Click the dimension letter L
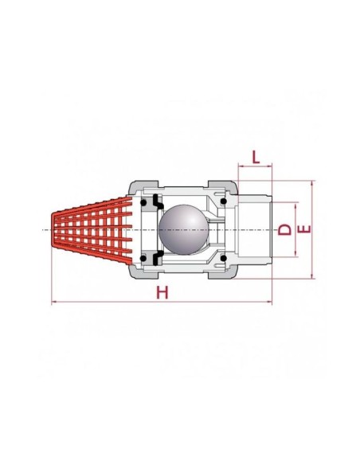click(256, 157)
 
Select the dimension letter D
click(284, 229)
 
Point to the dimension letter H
click(162, 292)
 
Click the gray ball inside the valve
click(183, 230)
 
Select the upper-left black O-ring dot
click(143, 203)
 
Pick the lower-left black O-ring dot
click(143, 258)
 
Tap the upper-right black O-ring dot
click(224, 201)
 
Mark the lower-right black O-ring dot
click(224, 258)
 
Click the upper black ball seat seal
click(157, 202)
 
